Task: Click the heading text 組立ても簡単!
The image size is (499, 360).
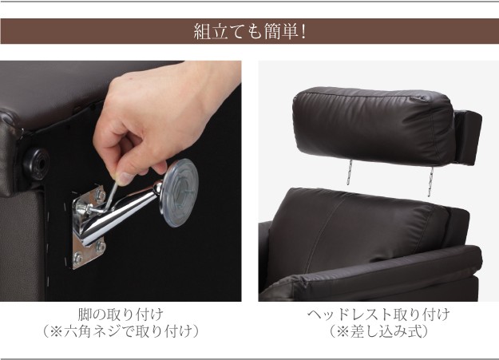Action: point(249,31)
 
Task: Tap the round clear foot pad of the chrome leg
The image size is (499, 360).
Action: point(179,193)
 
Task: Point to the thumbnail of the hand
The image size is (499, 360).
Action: point(125,178)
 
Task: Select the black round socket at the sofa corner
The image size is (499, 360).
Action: point(36,164)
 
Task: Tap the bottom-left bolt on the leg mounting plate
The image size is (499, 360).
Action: point(77,258)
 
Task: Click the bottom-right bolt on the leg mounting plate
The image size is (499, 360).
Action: point(101,246)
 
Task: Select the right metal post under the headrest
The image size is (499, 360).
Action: point(431,181)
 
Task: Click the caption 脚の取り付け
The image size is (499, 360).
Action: point(121,315)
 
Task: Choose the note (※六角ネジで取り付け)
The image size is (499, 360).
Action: point(121,332)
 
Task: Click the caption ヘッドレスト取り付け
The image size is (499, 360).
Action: point(378,315)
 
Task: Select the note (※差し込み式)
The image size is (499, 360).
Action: point(378,332)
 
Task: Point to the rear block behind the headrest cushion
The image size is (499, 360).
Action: point(468,137)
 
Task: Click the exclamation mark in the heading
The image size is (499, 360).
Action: point(303,32)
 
